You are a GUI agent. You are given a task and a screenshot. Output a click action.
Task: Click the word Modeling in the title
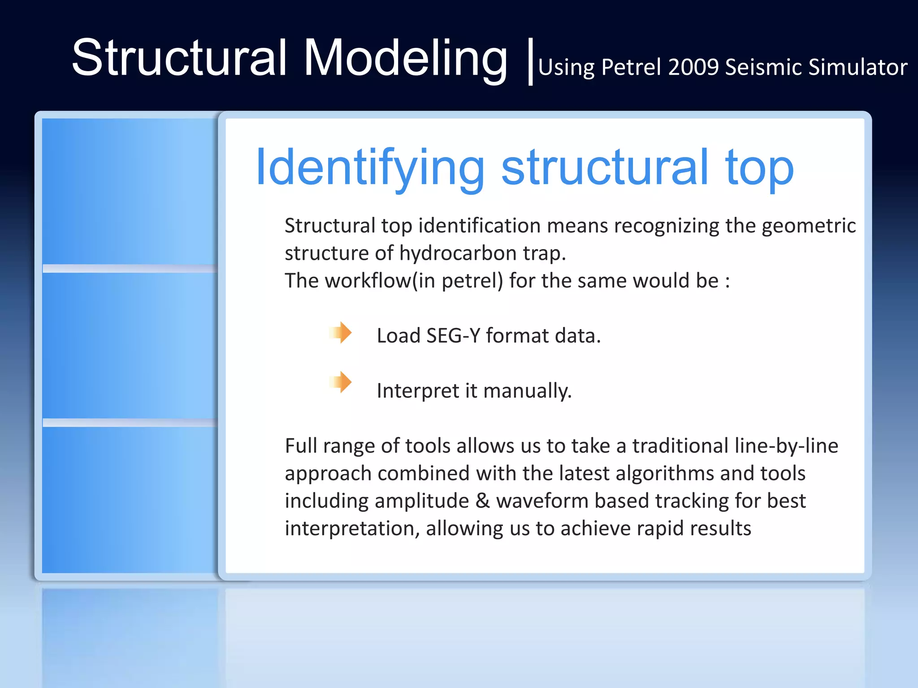click(406, 58)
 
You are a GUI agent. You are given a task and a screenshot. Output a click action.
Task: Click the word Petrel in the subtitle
click(631, 67)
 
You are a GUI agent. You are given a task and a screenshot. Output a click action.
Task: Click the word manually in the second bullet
click(528, 391)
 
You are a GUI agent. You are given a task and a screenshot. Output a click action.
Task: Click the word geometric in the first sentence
click(808, 225)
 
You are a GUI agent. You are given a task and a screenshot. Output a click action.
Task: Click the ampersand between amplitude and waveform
click(482, 501)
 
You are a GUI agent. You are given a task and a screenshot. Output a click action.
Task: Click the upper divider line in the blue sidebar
click(130, 268)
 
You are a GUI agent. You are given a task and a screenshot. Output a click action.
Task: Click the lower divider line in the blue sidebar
click(130, 422)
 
